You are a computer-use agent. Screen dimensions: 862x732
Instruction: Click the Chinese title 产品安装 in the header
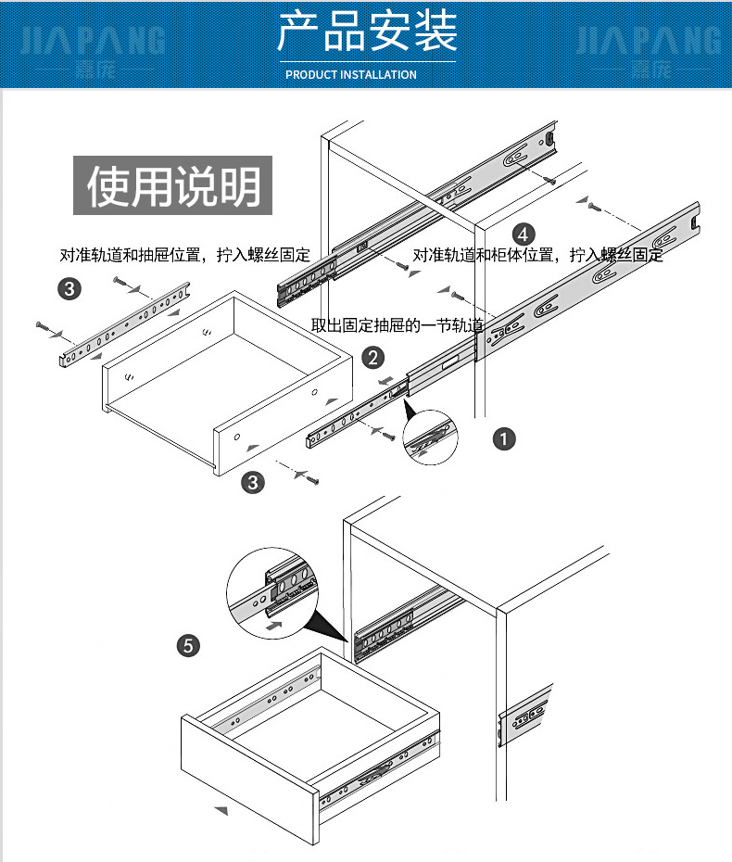(x=367, y=34)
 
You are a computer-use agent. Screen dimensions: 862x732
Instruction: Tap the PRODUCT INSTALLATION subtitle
(x=351, y=74)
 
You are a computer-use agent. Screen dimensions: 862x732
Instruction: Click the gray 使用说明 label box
(x=173, y=185)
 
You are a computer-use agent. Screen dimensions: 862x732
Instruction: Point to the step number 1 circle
(x=503, y=438)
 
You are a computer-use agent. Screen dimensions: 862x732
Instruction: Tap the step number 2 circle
(x=372, y=357)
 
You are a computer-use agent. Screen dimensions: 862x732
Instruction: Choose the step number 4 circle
(x=524, y=233)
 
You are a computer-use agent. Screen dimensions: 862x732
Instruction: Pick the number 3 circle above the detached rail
(x=69, y=289)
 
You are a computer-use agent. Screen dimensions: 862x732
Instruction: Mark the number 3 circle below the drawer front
(x=252, y=482)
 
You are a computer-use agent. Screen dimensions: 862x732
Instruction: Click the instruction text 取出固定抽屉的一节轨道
(x=398, y=324)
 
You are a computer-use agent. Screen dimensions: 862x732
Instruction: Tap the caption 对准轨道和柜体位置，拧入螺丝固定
(x=537, y=255)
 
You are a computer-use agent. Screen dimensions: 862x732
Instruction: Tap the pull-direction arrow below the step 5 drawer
(x=221, y=810)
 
